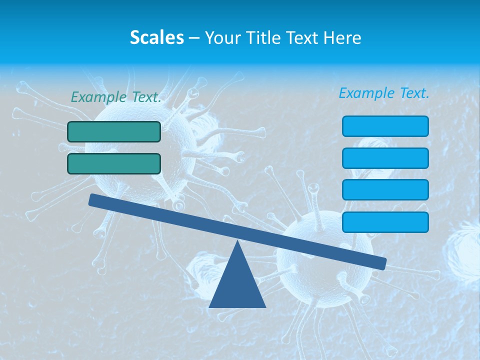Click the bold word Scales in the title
(x=157, y=37)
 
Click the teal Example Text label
(x=116, y=97)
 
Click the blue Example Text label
(x=384, y=93)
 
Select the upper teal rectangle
(x=114, y=131)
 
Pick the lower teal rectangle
(x=114, y=163)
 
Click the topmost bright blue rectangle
(x=385, y=126)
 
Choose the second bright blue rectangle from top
(x=385, y=158)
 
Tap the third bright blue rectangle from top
(x=385, y=190)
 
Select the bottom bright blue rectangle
(x=385, y=222)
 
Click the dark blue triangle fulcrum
(x=237, y=285)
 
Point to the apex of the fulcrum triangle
(x=238, y=242)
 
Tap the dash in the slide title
(x=194, y=38)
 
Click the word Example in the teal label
(x=99, y=97)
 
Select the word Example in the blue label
(x=367, y=93)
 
